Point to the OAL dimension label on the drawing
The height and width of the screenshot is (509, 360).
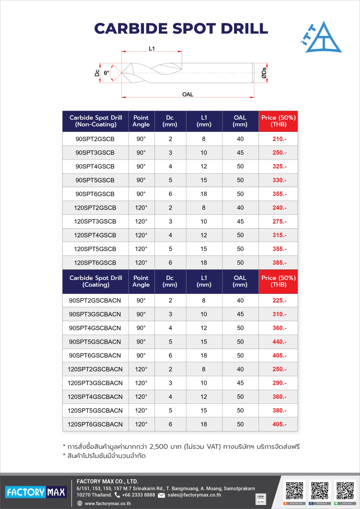[x=188, y=95]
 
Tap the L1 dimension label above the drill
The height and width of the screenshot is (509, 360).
[x=152, y=49]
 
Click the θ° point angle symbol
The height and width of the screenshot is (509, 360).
[x=107, y=73]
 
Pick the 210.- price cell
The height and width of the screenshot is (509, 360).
[x=279, y=139]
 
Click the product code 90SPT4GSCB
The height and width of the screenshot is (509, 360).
[x=95, y=167]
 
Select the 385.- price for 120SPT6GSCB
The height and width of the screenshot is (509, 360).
[x=279, y=263]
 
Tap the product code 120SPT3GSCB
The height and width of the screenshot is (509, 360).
[x=95, y=221]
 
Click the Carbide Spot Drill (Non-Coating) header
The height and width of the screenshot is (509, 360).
[x=96, y=121]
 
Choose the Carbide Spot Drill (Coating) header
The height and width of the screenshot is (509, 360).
[x=96, y=281]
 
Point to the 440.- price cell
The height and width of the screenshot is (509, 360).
[x=279, y=342]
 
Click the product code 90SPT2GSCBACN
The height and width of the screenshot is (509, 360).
[x=95, y=301]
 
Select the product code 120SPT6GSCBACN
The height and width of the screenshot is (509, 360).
[x=95, y=424]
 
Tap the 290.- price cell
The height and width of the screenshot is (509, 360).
[x=279, y=383]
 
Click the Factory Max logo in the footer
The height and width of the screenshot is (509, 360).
[x=36, y=492]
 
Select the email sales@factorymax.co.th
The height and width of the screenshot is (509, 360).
[x=194, y=495]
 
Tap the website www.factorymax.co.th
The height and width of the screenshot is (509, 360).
[x=107, y=504]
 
